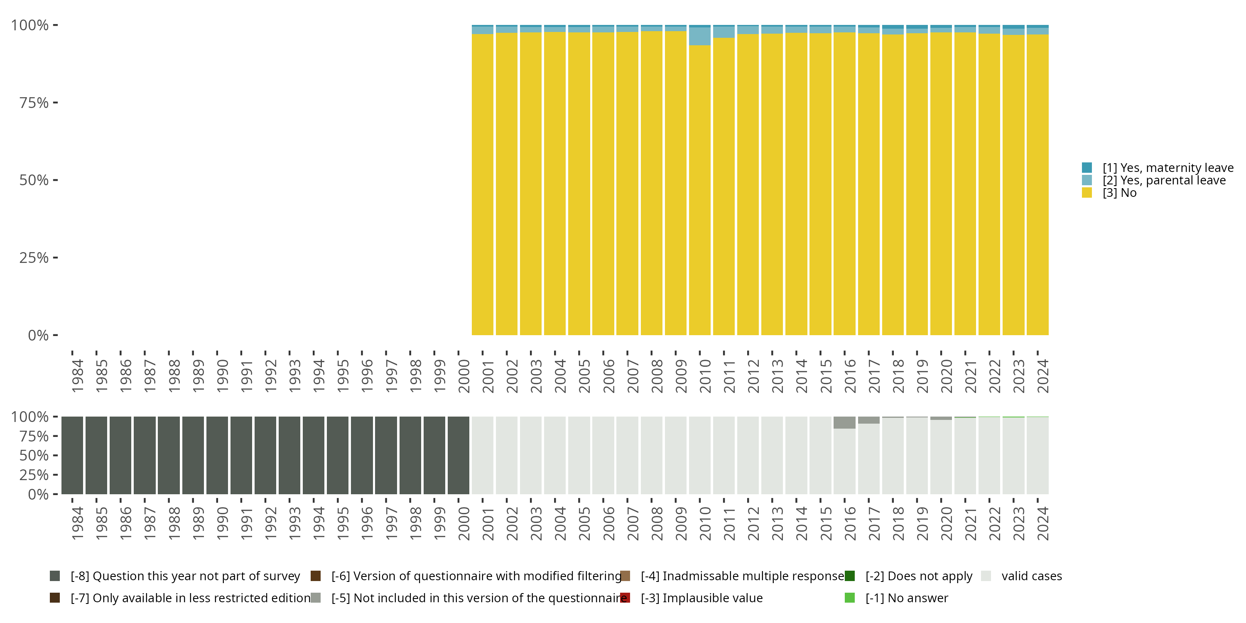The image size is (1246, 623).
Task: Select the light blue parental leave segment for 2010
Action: click(x=699, y=36)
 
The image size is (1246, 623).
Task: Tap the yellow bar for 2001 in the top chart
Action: click(x=482, y=184)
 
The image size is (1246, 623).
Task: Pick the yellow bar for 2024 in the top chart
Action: click(x=1038, y=184)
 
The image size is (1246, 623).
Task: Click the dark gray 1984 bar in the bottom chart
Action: click(x=72, y=455)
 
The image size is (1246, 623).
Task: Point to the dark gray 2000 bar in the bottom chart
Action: click(x=458, y=455)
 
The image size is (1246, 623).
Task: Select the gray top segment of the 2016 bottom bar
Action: click(x=844, y=422)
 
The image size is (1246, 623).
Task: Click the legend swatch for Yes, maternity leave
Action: click(x=1087, y=168)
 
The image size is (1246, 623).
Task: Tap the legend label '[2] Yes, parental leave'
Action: click(x=1164, y=180)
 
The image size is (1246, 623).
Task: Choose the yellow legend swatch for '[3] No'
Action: click(x=1087, y=193)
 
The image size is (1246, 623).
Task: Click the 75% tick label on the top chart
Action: click(x=34, y=103)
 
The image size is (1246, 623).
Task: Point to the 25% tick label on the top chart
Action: click(x=34, y=258)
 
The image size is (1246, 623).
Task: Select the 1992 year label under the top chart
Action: click(x=270, y=376)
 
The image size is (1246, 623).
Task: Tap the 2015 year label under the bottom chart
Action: click(x=825, y=523)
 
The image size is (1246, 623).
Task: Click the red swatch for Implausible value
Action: click(x=625, y=598)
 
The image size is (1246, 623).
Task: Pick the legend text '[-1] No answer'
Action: click(x=906, y=598)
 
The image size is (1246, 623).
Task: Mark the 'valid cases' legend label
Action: click(x=1031, y=576)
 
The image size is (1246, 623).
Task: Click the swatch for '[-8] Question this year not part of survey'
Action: click(x=55, y=576)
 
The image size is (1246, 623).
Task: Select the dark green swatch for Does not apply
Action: click(x=849, y=576)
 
